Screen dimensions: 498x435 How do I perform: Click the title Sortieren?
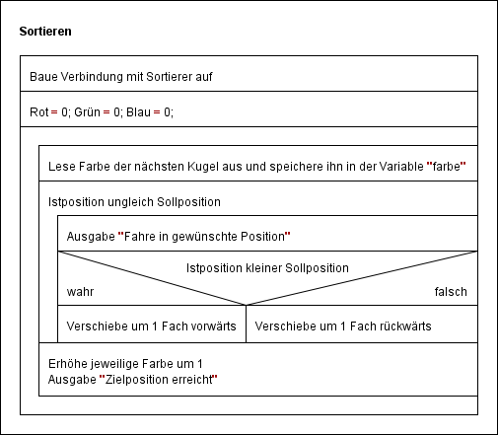[x=45, y=32]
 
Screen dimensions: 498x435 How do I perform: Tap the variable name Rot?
[x=39, y=112]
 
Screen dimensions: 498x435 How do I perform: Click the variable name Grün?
[x=87, y=112]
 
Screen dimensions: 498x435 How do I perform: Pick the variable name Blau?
[x=138, y=112]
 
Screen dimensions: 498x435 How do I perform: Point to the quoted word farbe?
[x=446, y=167]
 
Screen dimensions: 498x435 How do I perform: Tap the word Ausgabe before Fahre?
[x=91, y=237]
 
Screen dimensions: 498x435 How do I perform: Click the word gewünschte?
[x=204, y=237]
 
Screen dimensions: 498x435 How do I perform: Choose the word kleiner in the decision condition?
[x=263, y=268]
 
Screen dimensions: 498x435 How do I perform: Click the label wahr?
[x=80, y=292]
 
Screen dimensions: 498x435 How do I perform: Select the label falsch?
[x=451, y=292]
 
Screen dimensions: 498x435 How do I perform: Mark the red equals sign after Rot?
[x=54, y=112]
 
